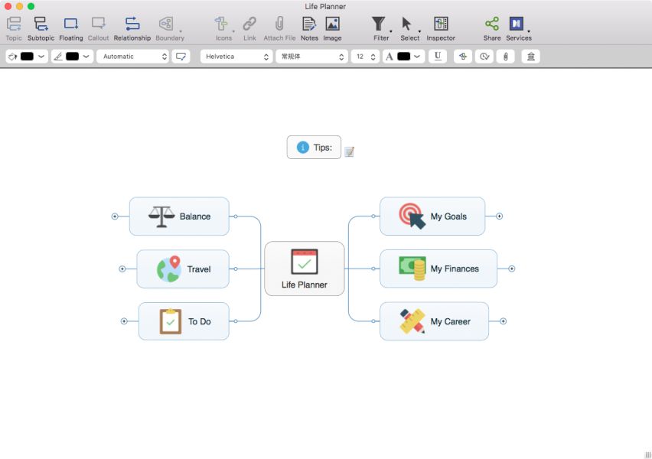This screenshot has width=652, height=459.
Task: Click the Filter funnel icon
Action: coord(378,24)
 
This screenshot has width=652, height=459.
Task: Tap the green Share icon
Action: coord(492,24)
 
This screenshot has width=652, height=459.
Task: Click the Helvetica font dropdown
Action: coord(236,57)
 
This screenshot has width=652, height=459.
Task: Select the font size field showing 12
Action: coord(365,57)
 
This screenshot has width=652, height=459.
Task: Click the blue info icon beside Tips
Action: coord(303,147)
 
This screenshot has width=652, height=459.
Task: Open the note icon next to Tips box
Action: coord(349,151)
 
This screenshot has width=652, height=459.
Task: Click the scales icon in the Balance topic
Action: coord(161,216)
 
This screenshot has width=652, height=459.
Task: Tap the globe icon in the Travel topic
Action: coord(169,269)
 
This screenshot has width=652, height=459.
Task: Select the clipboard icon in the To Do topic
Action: coord(171,321)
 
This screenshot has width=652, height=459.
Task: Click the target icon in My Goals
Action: coord(412,216)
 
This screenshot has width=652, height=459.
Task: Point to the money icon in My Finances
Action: coord(412,269)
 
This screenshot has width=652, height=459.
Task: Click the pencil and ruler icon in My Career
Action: coord(412,321)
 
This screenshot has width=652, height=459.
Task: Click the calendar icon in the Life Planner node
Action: coord(305,262)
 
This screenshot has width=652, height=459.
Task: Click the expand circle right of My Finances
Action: coord(512,269)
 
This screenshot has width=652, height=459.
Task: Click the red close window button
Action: coord(8,6)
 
